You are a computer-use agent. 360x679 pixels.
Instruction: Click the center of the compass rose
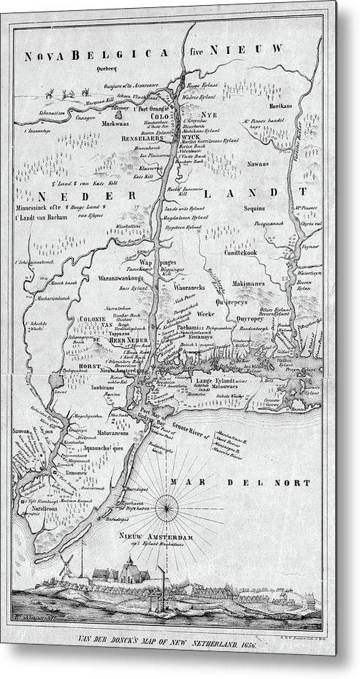tap(169, 504)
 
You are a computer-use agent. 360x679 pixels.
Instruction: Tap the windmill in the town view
tap(64, 564)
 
